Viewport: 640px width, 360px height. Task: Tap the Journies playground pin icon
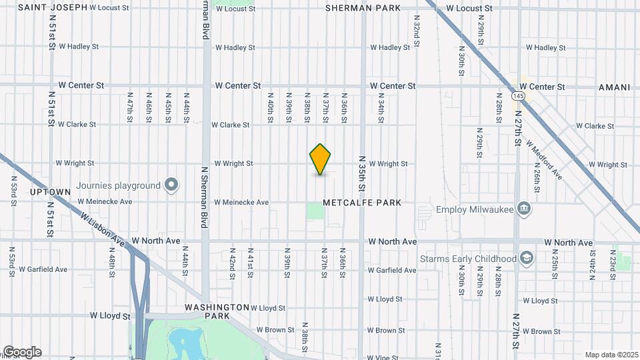pos(171,185)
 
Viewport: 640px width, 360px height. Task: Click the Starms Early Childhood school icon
pos(527,258)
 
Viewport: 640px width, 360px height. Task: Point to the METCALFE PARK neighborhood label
pos(362,203)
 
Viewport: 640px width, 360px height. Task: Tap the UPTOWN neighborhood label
pos(51,192)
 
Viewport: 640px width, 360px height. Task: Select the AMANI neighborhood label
pos(614,87)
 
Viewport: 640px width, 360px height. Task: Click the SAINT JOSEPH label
pos(53,7)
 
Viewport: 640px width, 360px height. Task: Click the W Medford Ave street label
pos(544,159)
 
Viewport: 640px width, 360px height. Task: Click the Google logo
pos(22,352)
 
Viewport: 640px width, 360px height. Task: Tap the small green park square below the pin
pos(315,211)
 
